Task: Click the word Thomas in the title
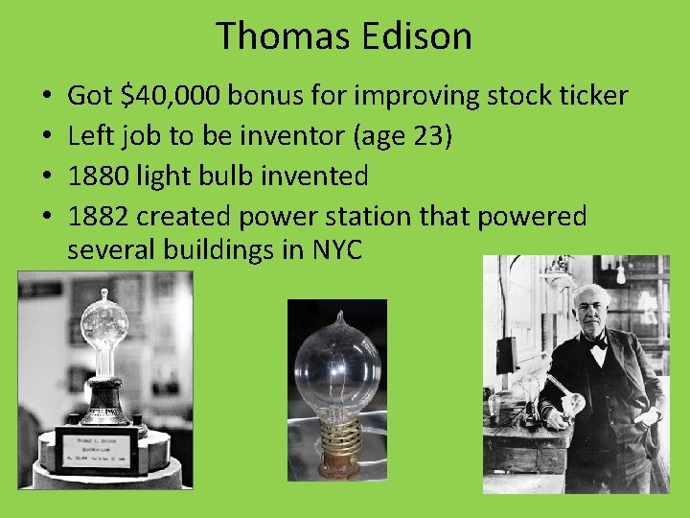click(278, 36)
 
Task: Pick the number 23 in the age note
click(427, 136)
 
